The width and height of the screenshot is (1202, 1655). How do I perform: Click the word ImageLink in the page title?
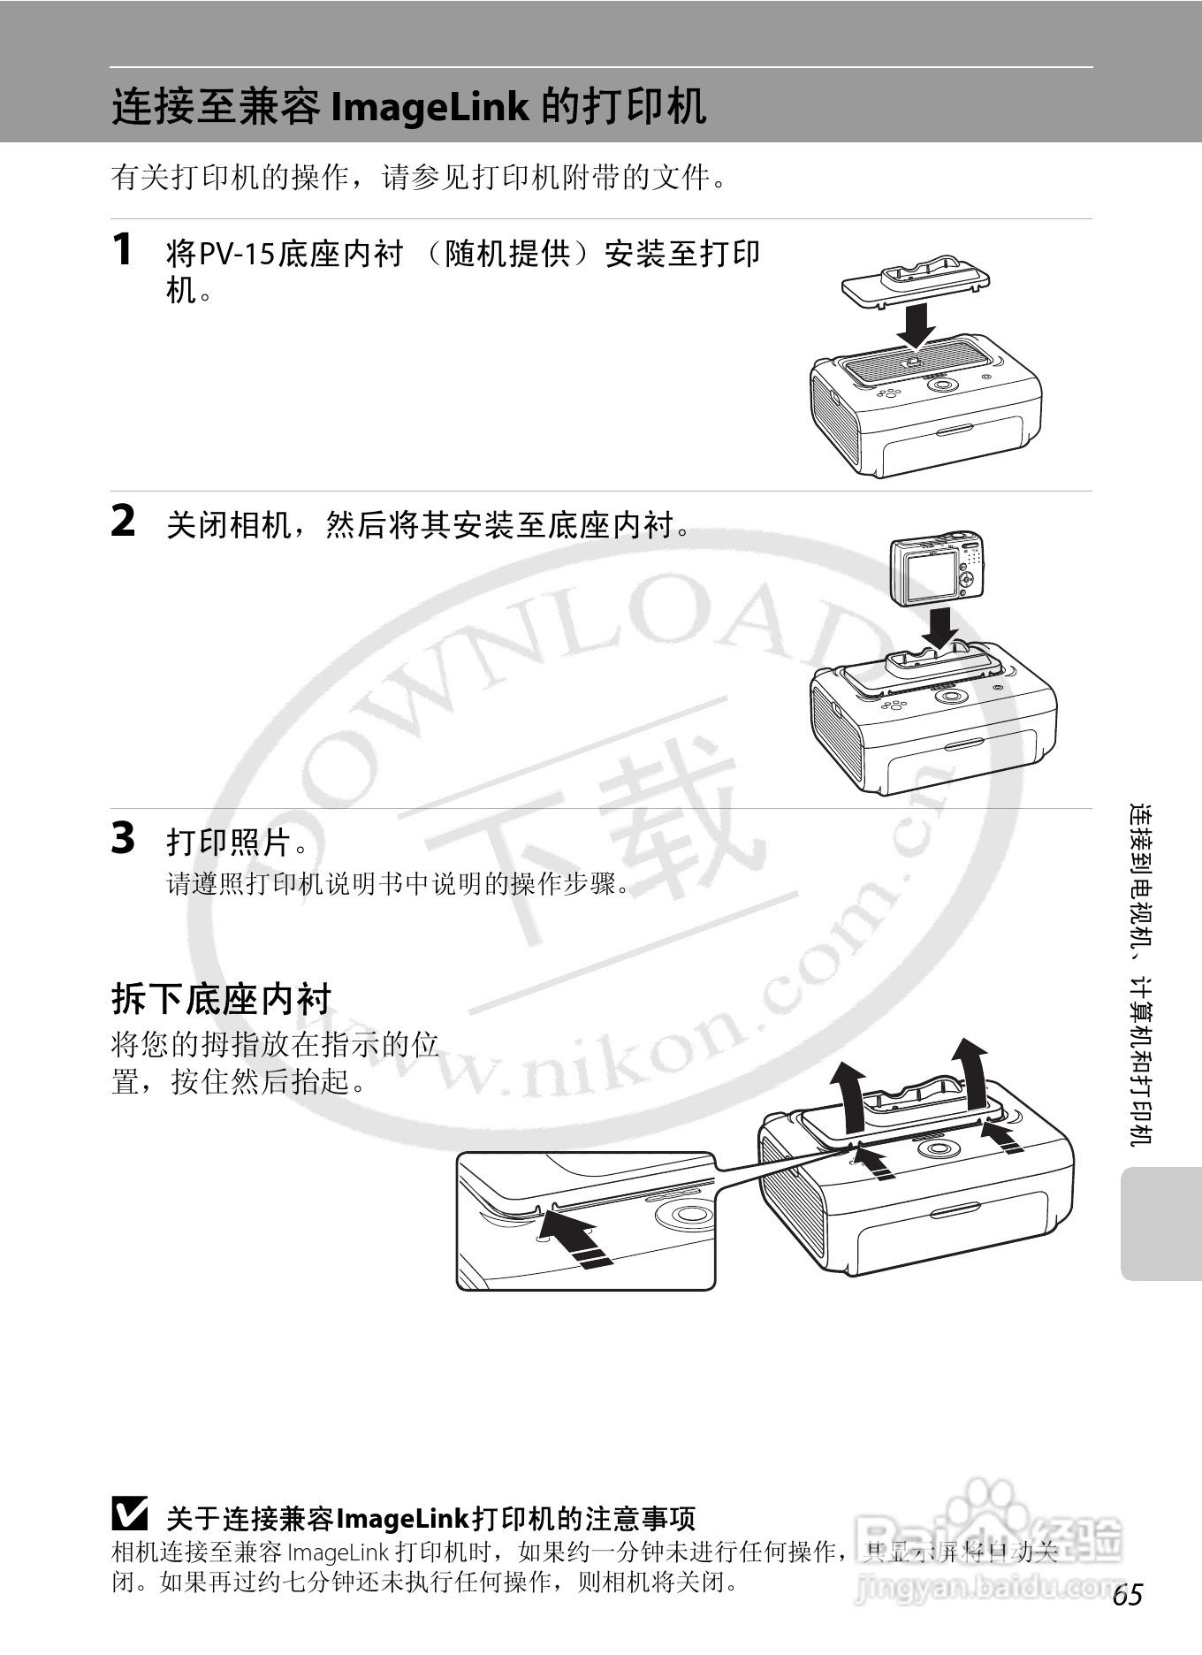[x=429, y=107]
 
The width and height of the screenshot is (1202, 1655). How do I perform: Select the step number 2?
[x=123, y=521]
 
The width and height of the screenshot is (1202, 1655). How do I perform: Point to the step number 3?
[x=123, y=838]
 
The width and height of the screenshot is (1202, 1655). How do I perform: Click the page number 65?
[x=1128, y=1595]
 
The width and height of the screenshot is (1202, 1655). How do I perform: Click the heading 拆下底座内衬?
[x=221, y=1000]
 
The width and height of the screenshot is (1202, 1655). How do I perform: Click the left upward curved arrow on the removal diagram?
[x=849, y=1096]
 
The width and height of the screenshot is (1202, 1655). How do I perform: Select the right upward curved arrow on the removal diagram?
[x=971, y=1073]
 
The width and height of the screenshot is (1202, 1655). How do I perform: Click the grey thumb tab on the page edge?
[x=1160, y=1224]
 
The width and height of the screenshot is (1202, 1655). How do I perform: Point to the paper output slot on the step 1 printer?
[x=953, y=431]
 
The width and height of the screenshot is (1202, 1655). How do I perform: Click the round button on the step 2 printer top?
[x=951, y=696]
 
